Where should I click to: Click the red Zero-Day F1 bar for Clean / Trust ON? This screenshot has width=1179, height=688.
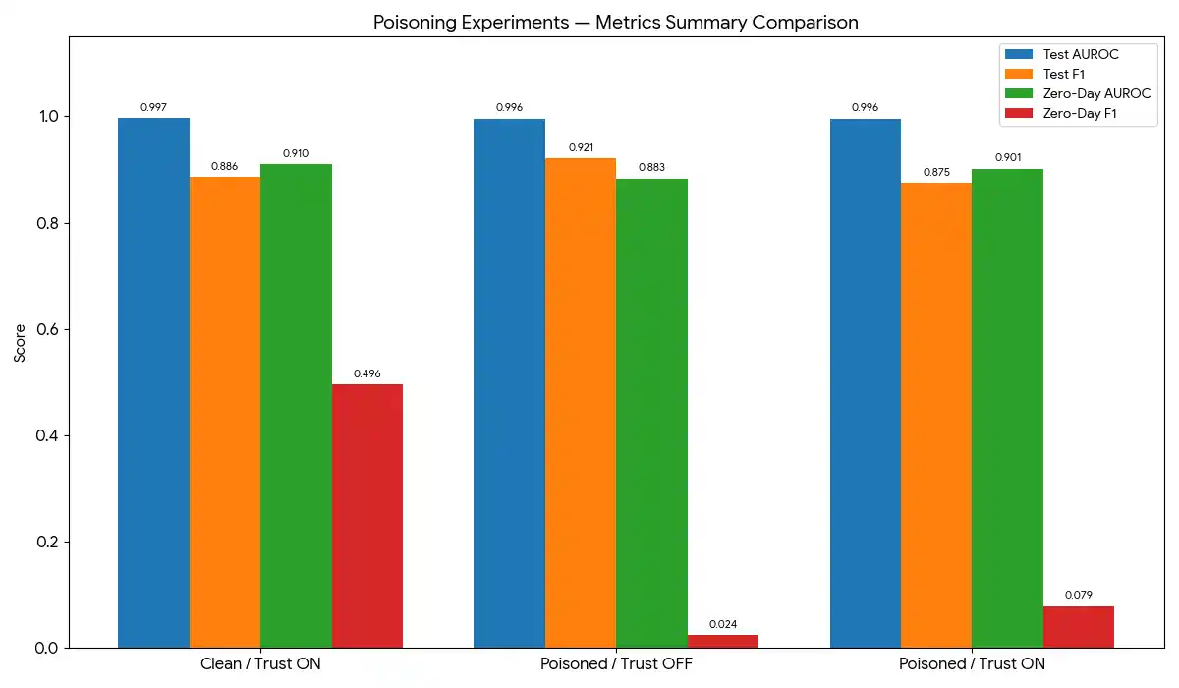pyautogui.click(x=366, y=516)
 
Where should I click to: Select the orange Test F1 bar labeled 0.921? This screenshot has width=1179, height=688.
pyautogui.click(x=581, y=403)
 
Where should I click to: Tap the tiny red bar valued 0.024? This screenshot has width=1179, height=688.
pyautogui.click(x=723, y=642)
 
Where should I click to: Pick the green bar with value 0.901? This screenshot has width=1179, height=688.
pyautogui.click(x=1007, y=408)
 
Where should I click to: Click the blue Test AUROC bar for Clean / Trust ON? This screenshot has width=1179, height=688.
pyautogui.click(x=153, y=383)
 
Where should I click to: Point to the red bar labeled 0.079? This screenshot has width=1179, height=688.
pyautogui.click(x=1078, y=627)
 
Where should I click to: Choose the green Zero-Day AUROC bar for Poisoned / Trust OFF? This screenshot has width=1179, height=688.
pyautogui.click(x=651, y=413)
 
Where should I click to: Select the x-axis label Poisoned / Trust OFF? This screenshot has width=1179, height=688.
pyautogui.click(x=616, y=664)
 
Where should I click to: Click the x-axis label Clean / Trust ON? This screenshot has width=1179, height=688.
pyautogui.click(x=260, y=664)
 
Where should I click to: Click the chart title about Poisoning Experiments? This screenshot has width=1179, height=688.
pyautogui.click(x=616, y=22)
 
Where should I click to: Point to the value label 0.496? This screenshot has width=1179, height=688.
pyautogui.click(x=366, y=373)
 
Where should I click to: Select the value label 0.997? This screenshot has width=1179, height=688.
pyautogui.click(x=153, y=107)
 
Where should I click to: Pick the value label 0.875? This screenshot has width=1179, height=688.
pyautogui.click(x=936, y=172)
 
